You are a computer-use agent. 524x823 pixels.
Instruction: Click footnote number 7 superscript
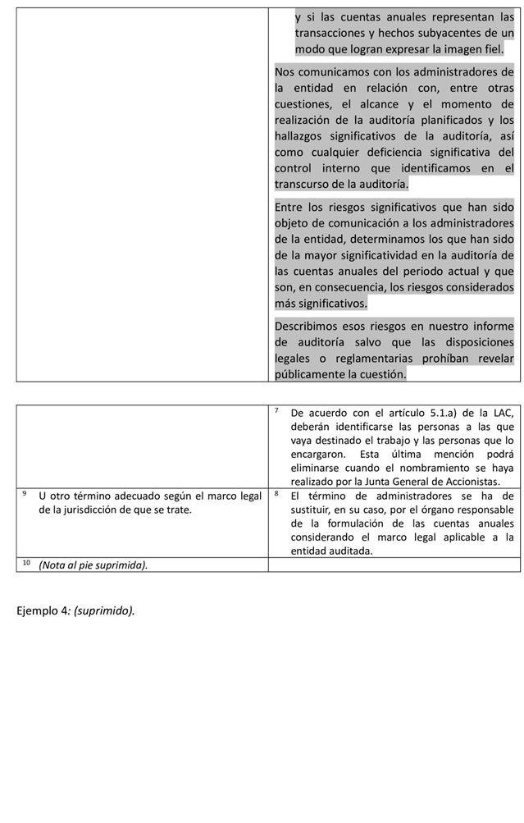(277, 410)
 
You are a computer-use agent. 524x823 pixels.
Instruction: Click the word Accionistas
(470, 482)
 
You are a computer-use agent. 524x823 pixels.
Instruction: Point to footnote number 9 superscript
(25, 493)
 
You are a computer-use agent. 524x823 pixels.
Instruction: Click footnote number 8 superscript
(277, 493)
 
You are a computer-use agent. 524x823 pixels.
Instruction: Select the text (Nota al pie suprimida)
(93, 565)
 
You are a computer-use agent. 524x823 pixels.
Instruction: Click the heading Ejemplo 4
(40, 610)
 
